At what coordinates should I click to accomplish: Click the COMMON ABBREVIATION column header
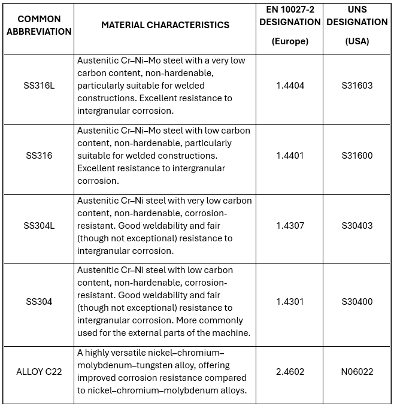39,25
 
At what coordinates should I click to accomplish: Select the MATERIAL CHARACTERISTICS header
165,25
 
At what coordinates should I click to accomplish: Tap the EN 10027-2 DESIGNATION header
290,16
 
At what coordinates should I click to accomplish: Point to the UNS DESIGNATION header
357,16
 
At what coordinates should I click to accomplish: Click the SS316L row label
39,86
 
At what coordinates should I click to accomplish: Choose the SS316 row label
39,156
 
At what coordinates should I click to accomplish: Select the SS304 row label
39,302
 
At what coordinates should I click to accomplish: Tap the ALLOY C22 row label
39,372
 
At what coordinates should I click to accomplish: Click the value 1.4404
290,86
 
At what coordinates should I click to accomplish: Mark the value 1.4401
290,156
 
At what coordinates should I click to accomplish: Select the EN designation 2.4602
290,372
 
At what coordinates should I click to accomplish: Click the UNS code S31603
357,86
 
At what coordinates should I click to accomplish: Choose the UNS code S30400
357,302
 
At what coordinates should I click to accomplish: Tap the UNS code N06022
357,372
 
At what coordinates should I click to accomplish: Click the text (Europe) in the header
290,42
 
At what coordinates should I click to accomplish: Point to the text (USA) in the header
357,42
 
